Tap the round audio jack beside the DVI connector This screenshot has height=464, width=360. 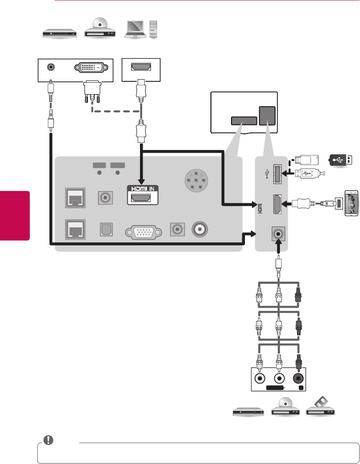tap(52, 67)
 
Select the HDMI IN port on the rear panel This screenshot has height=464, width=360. tap(142, 199)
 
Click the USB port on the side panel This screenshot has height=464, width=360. tap(277, 174)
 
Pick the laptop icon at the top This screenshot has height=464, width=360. tap(136, 30)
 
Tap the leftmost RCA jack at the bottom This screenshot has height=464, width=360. tap(259, 379)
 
